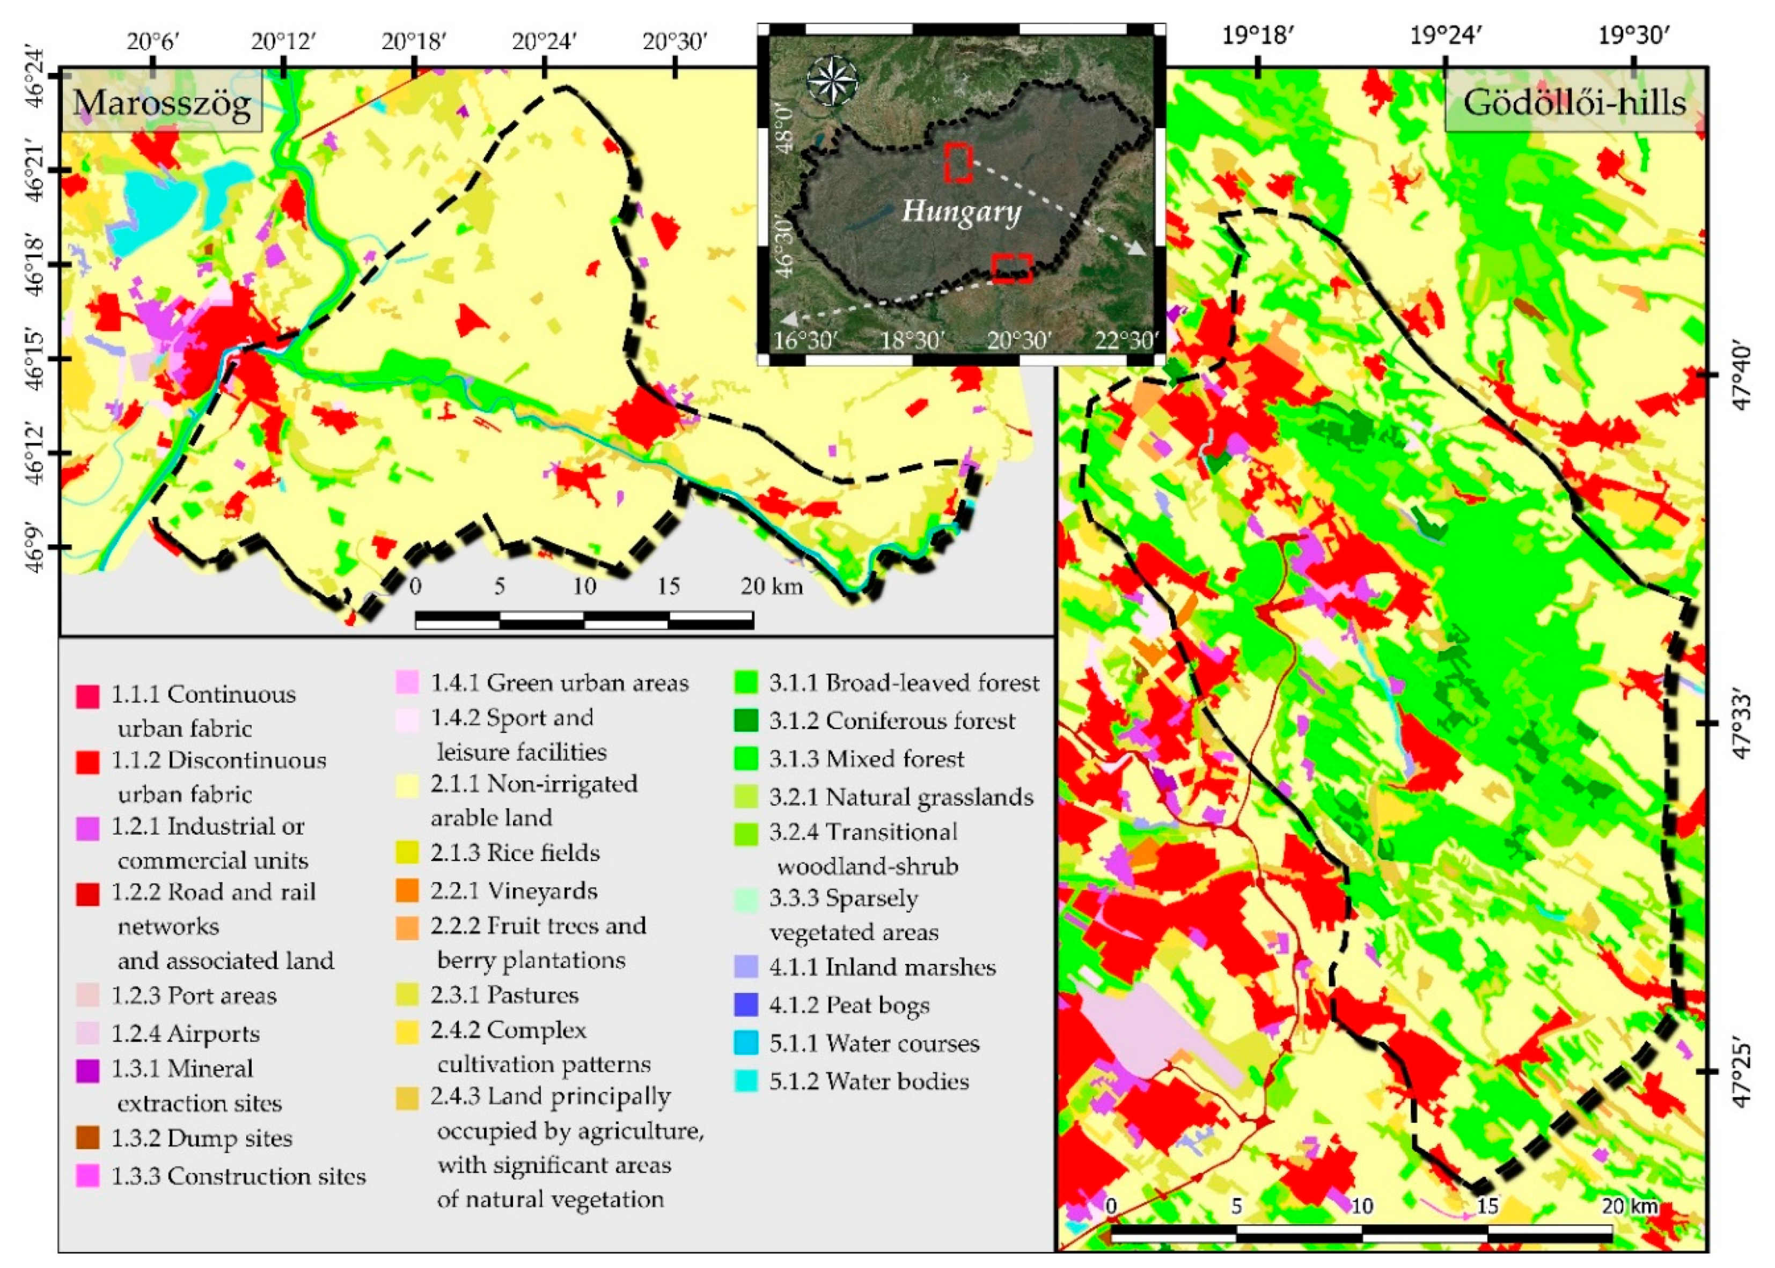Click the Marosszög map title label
pos(162,102)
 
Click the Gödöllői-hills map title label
pos(1574,102)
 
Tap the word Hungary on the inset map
pos(960,211)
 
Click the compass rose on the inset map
pos(832,80)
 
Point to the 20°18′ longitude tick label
pos(414,41)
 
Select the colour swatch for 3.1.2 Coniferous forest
pos(746,721)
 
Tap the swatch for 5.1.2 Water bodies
pos(746,1081)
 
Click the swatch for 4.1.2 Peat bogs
pos(746,1005)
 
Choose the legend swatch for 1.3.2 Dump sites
pos(87,1138)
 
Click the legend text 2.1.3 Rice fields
pos(515,853)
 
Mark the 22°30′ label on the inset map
pos(1125,341)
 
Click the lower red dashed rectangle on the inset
pos(1011,268)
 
